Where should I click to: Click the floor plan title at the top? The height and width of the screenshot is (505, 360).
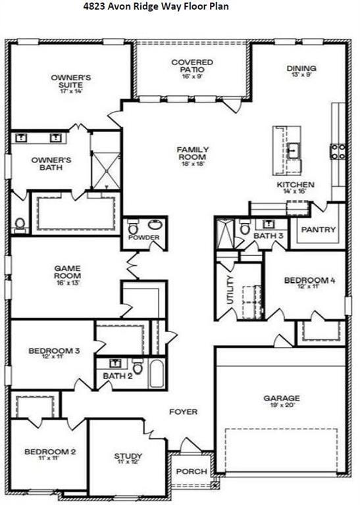[180, 8]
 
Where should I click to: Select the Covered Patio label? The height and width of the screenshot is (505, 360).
[192, 65]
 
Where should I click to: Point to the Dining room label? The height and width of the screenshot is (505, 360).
[301, 68]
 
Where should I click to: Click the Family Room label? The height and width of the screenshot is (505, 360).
[192, 153]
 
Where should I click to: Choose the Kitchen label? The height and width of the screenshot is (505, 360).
[295, 185]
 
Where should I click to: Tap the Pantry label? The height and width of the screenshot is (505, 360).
[318, 230]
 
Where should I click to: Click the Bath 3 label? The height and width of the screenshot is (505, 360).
[268, 236]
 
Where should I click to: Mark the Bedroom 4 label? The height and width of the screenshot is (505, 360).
[309, 281]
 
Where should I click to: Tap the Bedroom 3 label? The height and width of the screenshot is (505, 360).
[54, 351]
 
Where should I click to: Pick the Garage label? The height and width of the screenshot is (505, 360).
[282, 398]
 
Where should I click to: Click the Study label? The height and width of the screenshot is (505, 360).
[128, 456]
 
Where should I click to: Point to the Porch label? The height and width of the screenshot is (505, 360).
[192, 472]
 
